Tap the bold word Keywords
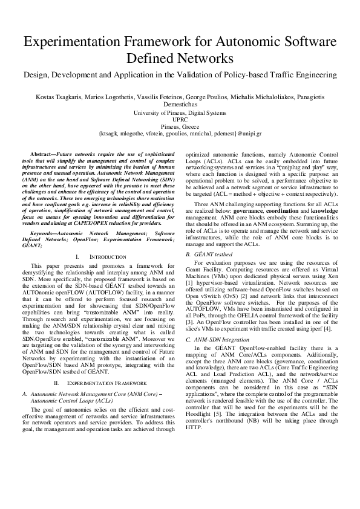coord(44,216)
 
